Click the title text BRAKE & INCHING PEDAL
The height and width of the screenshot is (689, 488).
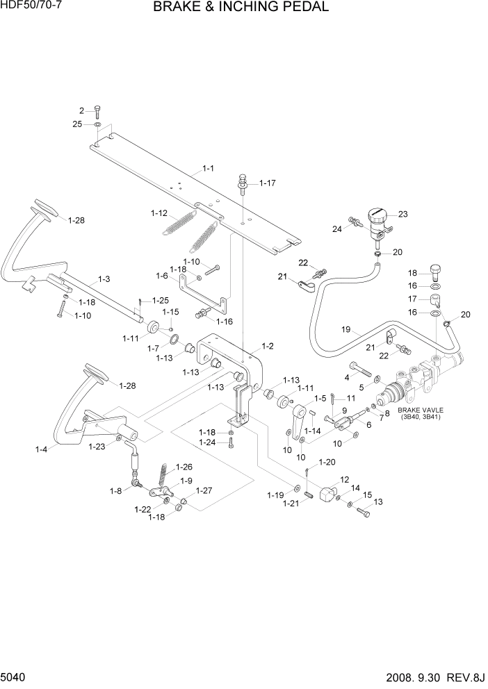tap(241, 8)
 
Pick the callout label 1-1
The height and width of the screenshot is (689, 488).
tap(208, 168)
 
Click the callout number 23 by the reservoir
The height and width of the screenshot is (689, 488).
tap(402, 214)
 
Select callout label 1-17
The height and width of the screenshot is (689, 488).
tap(268, 183)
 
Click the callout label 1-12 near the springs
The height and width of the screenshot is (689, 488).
tap(160, 213)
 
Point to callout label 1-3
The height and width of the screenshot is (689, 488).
tap(104, 279)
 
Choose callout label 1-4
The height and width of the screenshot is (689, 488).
tap(41, 449)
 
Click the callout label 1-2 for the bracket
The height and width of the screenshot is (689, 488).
tap(267, 345)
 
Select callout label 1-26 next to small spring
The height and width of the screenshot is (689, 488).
tap(184, 467)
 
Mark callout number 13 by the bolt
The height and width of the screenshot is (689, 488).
tap(378, 501)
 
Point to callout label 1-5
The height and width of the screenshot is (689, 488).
tap(320, 398)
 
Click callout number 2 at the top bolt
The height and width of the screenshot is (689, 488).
tap(81, 110)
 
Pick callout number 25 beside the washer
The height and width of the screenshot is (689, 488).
tap(77, 124)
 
